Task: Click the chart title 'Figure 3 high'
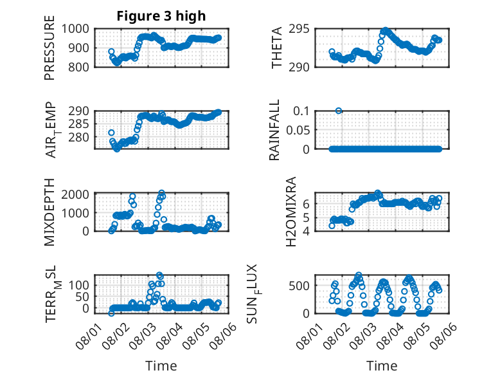161,16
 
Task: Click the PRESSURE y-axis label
49,48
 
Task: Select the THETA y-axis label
276,48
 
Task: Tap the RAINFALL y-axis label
274,129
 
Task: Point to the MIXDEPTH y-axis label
49,212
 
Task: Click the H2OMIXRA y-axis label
291,212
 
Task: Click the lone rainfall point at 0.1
339,111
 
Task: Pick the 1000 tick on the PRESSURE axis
75,29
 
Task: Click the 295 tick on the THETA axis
299,29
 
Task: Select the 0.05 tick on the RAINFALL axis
298,130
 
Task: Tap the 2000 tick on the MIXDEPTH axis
75,194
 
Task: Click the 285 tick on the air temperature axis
78,124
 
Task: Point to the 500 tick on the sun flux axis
299,286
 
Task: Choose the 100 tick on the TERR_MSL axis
78,285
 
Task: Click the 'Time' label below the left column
161,366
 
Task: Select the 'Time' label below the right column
382,366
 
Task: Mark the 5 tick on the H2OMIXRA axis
306,218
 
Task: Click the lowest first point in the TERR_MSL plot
111,313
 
